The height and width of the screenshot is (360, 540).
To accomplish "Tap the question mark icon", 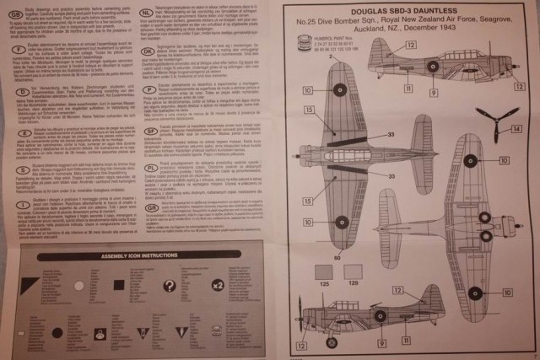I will [x=169, y=287].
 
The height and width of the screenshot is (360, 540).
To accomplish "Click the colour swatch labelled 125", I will [x=324, y=271].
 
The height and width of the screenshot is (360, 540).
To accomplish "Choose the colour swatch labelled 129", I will [x=352, y=271].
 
